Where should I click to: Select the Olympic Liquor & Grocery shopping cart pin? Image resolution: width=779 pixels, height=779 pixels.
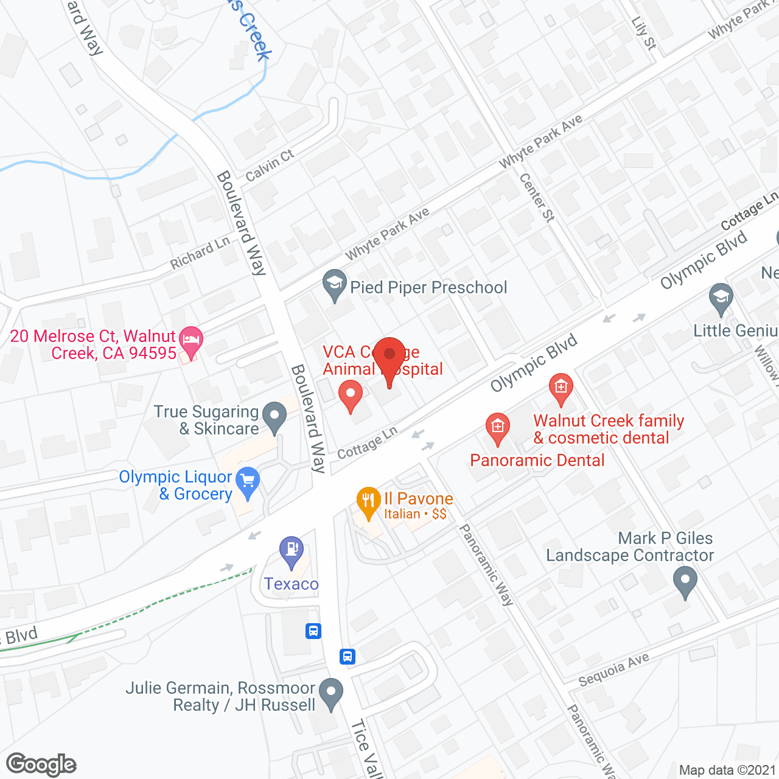click(248, 482)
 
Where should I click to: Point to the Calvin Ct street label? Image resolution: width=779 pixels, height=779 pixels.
click(270, 166)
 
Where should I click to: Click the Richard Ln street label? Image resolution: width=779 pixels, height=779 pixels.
click(200, 253)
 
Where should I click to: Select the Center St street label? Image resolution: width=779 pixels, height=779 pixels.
click(537, 197)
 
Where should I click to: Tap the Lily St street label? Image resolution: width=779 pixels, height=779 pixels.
click(644, 33)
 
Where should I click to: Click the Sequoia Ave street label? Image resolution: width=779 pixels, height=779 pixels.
click(613, 669)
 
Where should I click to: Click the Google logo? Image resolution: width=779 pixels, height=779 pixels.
click(41, 764)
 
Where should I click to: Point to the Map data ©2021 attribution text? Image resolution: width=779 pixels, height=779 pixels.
click(727, 770)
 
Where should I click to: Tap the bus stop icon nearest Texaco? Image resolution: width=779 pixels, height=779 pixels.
click(313, 631)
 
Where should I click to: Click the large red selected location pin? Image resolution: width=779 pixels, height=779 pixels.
click(389, 357)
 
